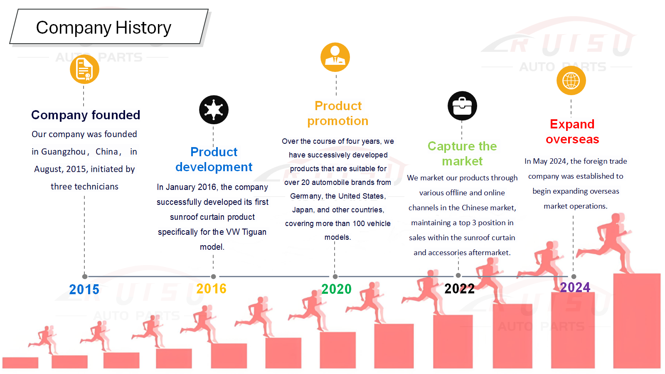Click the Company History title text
click(x=103, y=27)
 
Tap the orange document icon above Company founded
click(x=85, y=69)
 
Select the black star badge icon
click(x=214, y=110)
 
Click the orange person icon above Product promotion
click(x=335, y=57)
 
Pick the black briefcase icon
click(x=462, y=106)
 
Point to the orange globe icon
click(x=571, y=81)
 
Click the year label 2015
click(x=84, y=290)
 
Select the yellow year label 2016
click(x=212, y=289)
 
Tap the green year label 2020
click(x=336, y=289)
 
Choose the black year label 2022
click(x=460, y=289)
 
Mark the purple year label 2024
click(x=575, y=287)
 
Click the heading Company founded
click(x=86, y=115)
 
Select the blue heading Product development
click(x=214, y=160)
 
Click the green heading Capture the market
click(x=462, y=153)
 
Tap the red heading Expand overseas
click(x=572, y=131)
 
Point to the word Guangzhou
click(x=64, y=152)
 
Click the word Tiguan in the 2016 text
click(x=254, y=232)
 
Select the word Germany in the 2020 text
click(x=306, y=196)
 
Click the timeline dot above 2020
click(x=335, y=277)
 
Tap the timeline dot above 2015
click(x=85, y=277)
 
